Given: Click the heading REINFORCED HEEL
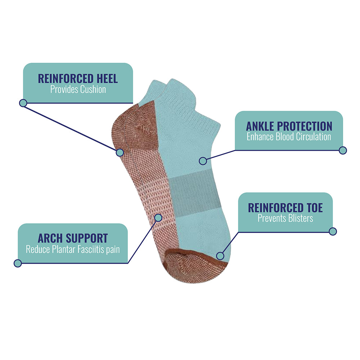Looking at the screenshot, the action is point(78,78).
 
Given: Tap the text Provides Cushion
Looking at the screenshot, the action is point(78,89).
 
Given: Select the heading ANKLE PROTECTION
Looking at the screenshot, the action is point(289,126).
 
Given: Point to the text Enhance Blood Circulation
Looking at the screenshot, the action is point(289,136).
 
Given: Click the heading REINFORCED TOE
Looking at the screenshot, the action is point(285,208).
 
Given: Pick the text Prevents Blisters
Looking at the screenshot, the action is point(285,218).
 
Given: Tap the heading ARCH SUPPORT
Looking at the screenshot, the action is point(73,238).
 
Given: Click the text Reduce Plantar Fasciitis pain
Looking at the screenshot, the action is point(73,249).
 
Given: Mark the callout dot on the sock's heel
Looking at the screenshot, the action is point(120,152).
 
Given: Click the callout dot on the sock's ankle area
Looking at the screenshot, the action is point(203,161).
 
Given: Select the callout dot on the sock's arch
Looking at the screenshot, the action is point(158,217).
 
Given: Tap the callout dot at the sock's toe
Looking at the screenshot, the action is point(220,256).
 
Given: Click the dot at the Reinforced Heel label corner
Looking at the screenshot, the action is point(23,103).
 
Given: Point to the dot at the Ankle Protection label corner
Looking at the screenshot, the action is point(343,150).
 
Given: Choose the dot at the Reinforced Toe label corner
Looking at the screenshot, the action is point(333,231).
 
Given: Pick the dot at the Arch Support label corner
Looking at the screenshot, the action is point(18,263).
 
